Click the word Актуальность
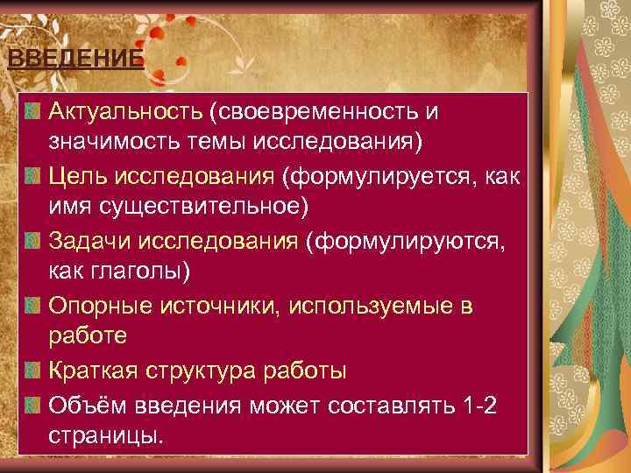pos(126,112)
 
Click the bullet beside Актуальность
pos(33,112)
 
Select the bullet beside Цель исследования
pos(33,177)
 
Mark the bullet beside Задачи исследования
pos(33,241)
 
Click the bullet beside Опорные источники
pos(33,306)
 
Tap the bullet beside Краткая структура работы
pos(33,370)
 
